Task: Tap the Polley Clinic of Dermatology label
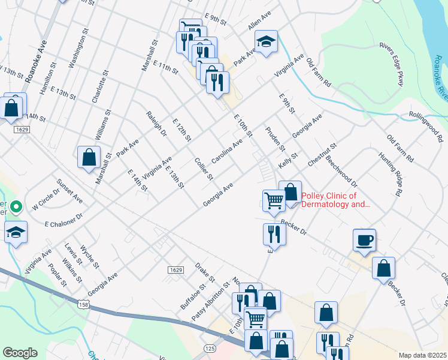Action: click(337, 200)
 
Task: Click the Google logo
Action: click(20, 353)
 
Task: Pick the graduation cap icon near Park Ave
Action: click(266, 42)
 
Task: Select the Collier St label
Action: click(204, 169)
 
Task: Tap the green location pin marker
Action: click(16, 208)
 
